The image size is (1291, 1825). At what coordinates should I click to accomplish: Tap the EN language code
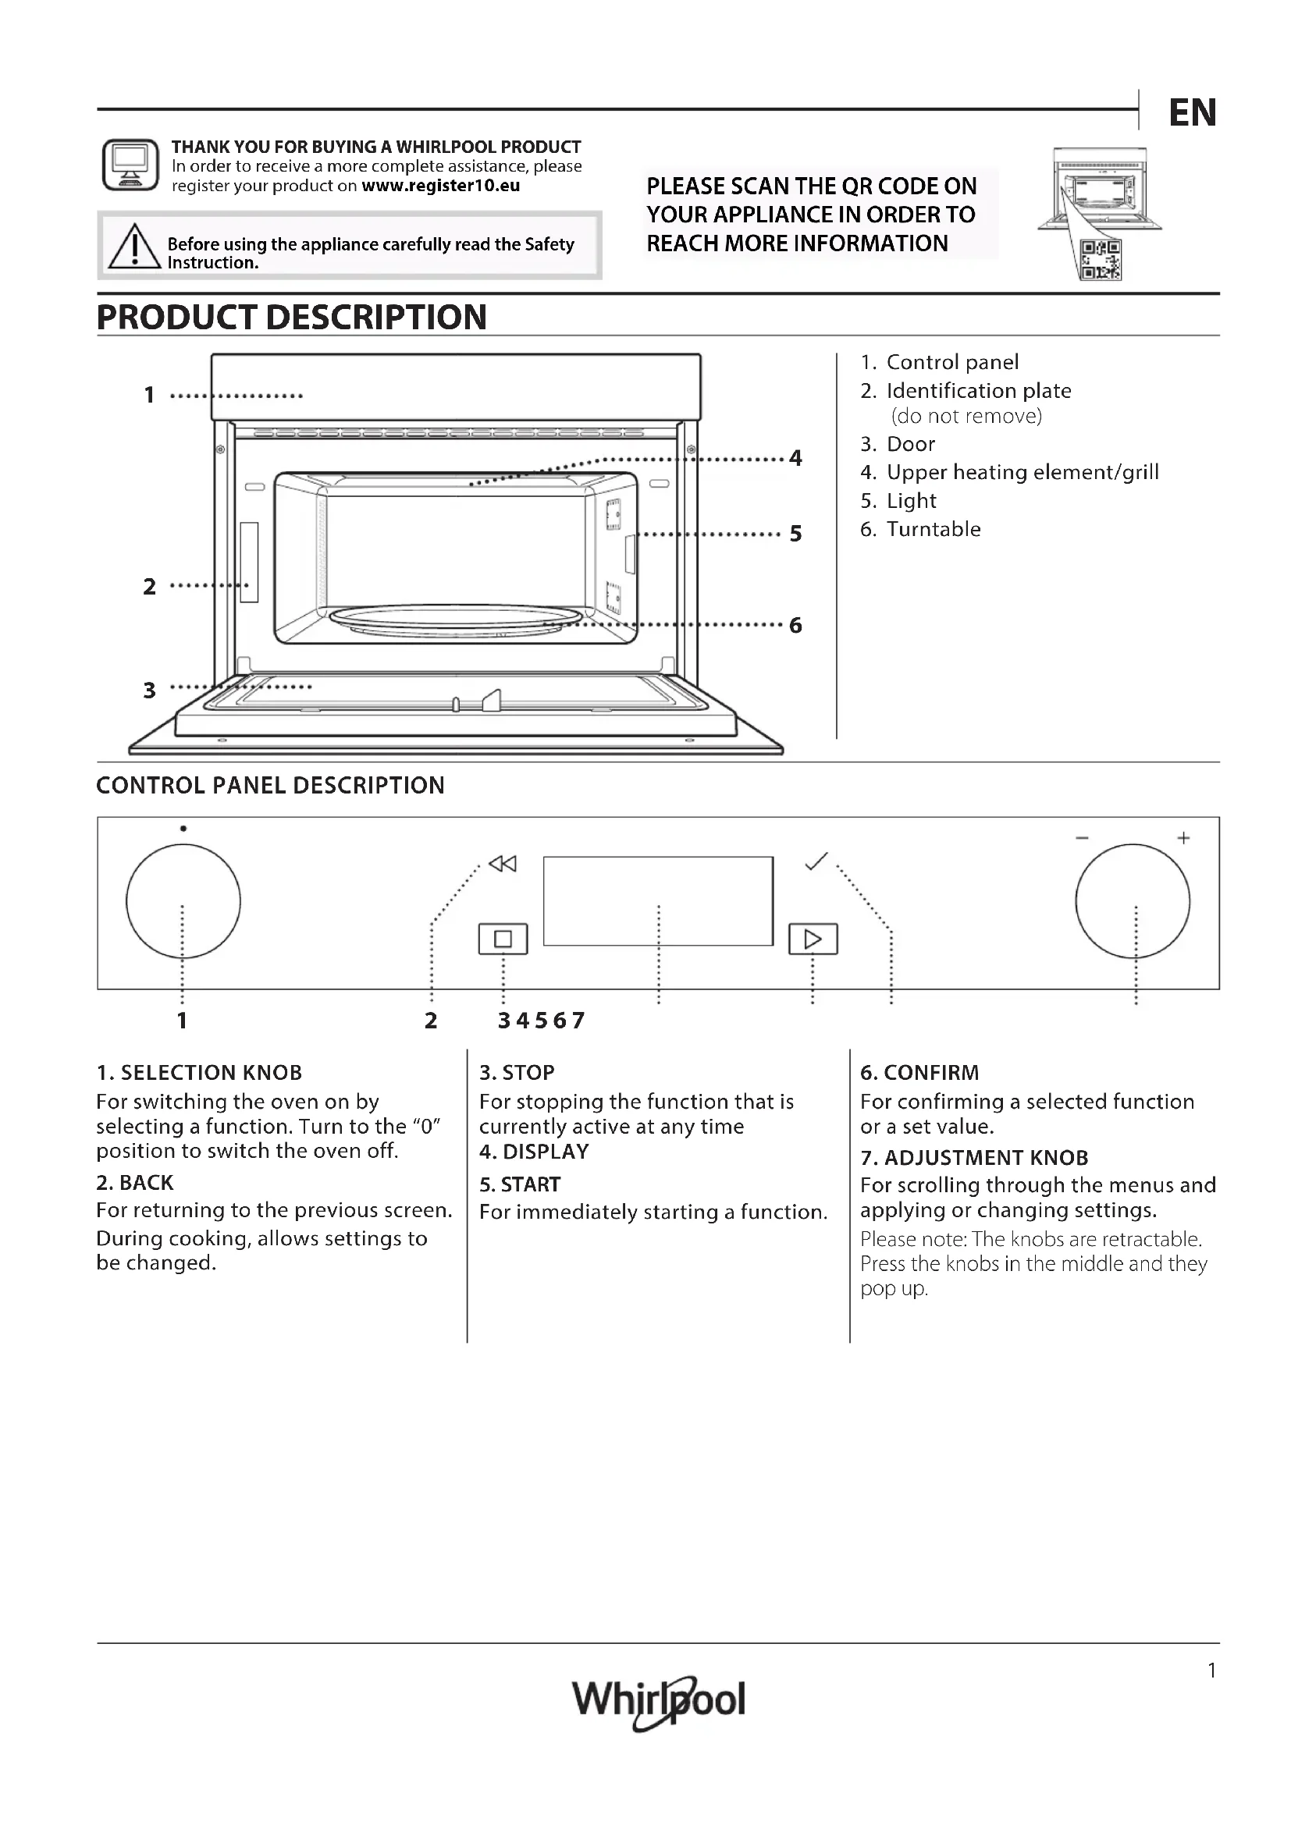(1192, 113)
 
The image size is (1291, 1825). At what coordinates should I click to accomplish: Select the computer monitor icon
(130, 165)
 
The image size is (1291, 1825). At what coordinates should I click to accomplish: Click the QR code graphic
(1101, 260)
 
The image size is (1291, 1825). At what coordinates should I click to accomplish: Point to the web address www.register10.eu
(440, 186)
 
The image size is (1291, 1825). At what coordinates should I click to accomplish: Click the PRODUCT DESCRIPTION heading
(292, 317)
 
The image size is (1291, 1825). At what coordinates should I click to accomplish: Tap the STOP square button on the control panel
(503, 939)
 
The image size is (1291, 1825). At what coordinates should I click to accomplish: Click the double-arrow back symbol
(503, 863)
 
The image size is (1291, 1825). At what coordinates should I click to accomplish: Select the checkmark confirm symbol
(816, 861)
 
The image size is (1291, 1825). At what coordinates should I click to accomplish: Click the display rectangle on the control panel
(657, 900)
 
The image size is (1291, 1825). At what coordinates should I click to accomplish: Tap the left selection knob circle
(183, 901)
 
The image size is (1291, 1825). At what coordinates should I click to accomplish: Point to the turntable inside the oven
(456, 620)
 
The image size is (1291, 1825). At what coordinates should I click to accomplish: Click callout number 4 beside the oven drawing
(795, 458)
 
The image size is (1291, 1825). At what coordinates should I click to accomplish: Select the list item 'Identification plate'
(978, 391)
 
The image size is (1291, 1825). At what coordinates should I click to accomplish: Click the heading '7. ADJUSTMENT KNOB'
(974, 1157)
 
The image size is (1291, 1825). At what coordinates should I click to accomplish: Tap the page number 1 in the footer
(1211, 1671)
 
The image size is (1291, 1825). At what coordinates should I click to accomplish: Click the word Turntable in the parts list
(934, 529)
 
